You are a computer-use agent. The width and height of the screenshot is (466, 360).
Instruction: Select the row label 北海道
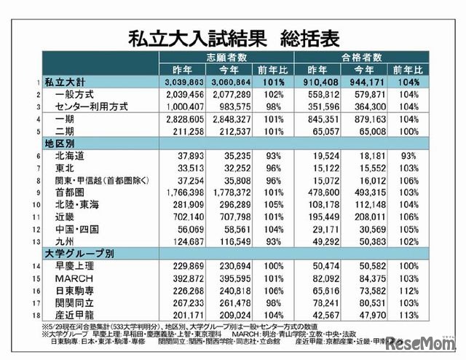(x=70, y=155)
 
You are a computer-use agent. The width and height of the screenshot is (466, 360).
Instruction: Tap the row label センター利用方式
(x=92, y=106)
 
